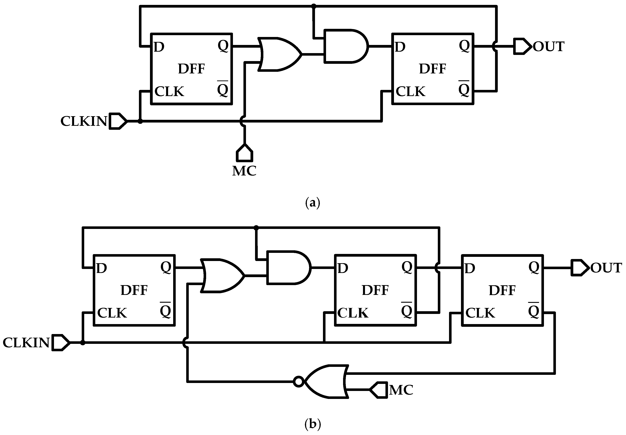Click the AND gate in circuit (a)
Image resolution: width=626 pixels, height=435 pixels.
pos(345,46)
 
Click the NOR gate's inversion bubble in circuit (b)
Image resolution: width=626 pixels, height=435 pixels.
pos(299,382)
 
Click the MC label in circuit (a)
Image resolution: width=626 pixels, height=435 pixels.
pos(244,171)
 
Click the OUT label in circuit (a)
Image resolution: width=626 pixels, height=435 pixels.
pos(548,47)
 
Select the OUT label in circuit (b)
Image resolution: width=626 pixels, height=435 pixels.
pos(606,268)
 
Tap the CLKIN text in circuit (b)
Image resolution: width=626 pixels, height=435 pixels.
pos(26,343)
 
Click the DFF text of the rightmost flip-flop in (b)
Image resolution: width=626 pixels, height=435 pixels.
pos(502,291)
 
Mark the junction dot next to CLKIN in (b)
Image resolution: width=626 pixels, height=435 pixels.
pos(83,343)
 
